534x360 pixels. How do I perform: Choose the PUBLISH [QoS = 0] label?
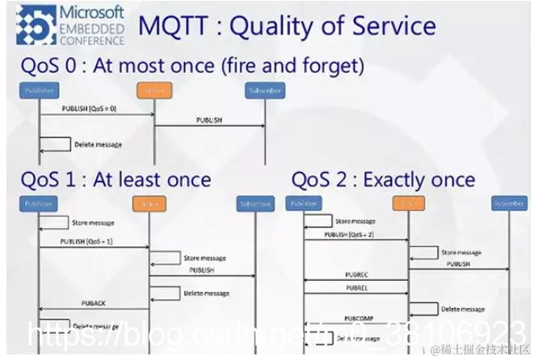pos(90,107)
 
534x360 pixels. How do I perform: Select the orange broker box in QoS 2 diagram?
pos(409,203)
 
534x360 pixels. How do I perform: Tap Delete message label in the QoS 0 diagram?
pos(98,144)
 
